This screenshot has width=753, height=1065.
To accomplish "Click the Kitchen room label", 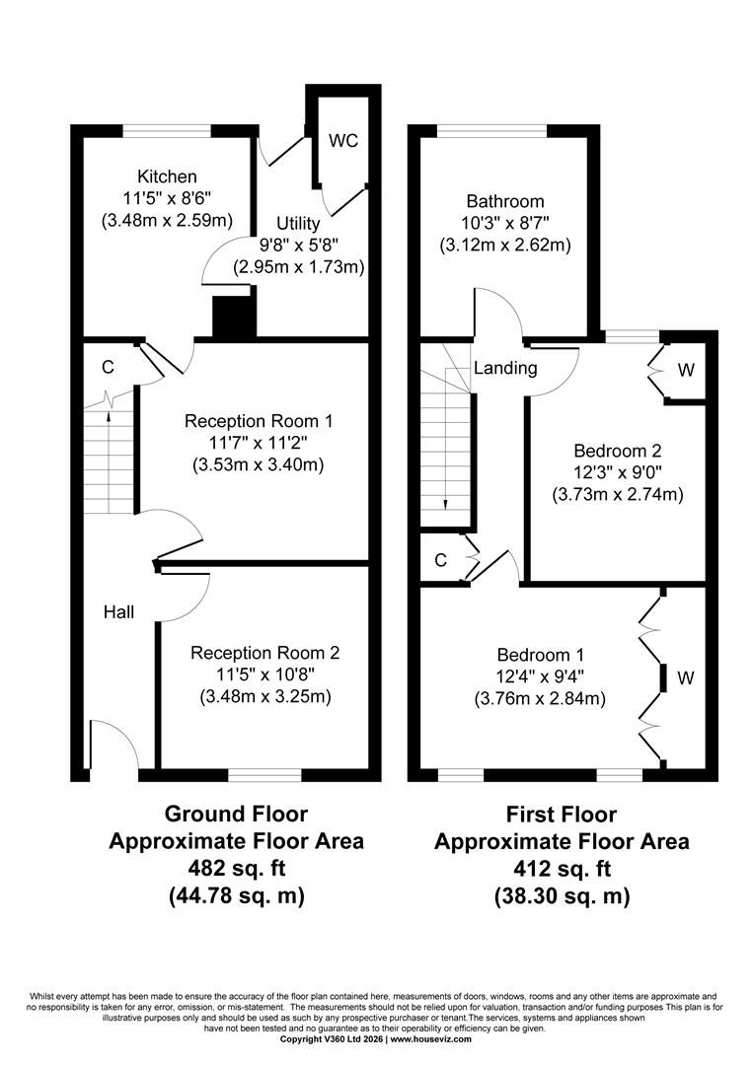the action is (x=167, y=177).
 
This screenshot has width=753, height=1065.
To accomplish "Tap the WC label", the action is (x=343, y=141).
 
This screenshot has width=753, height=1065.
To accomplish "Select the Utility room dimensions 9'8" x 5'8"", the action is (x=299, y=245).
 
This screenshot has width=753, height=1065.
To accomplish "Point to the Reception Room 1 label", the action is (x=259, y=421).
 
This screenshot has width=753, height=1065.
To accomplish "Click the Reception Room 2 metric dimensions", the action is (x=265, y=697).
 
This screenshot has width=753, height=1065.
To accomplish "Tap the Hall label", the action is (x=119, y=612).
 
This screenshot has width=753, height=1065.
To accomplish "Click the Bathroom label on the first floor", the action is (x=505, y=201).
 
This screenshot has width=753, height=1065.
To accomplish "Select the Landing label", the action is (x=505, y=368).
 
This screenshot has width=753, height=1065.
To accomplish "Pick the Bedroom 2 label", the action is (x=618, y=451).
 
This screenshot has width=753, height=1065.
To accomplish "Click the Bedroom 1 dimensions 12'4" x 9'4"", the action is (x=540, y=676).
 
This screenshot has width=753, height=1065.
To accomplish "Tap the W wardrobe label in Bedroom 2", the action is (x=687, y=370).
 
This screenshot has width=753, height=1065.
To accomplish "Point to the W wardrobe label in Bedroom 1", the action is (x=686, y=677).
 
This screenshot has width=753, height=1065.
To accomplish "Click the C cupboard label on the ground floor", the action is (x=108, y=368).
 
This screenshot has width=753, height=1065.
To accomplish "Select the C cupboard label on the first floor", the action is (x=440, y=560).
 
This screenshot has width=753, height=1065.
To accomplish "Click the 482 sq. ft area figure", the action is (x=237, y=868).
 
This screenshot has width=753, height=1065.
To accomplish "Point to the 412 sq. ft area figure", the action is (x=562, y=869).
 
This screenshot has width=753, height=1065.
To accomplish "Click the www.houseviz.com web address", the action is (x=430, y=1038).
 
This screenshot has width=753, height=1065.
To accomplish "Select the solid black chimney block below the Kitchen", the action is (x=235, y=318).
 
